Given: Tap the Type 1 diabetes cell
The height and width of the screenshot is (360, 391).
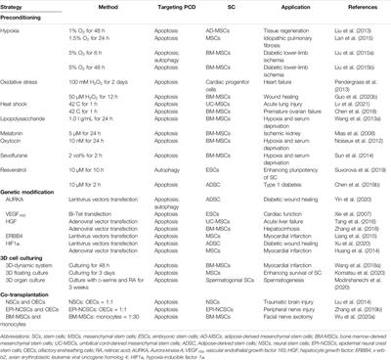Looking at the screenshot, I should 268,182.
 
